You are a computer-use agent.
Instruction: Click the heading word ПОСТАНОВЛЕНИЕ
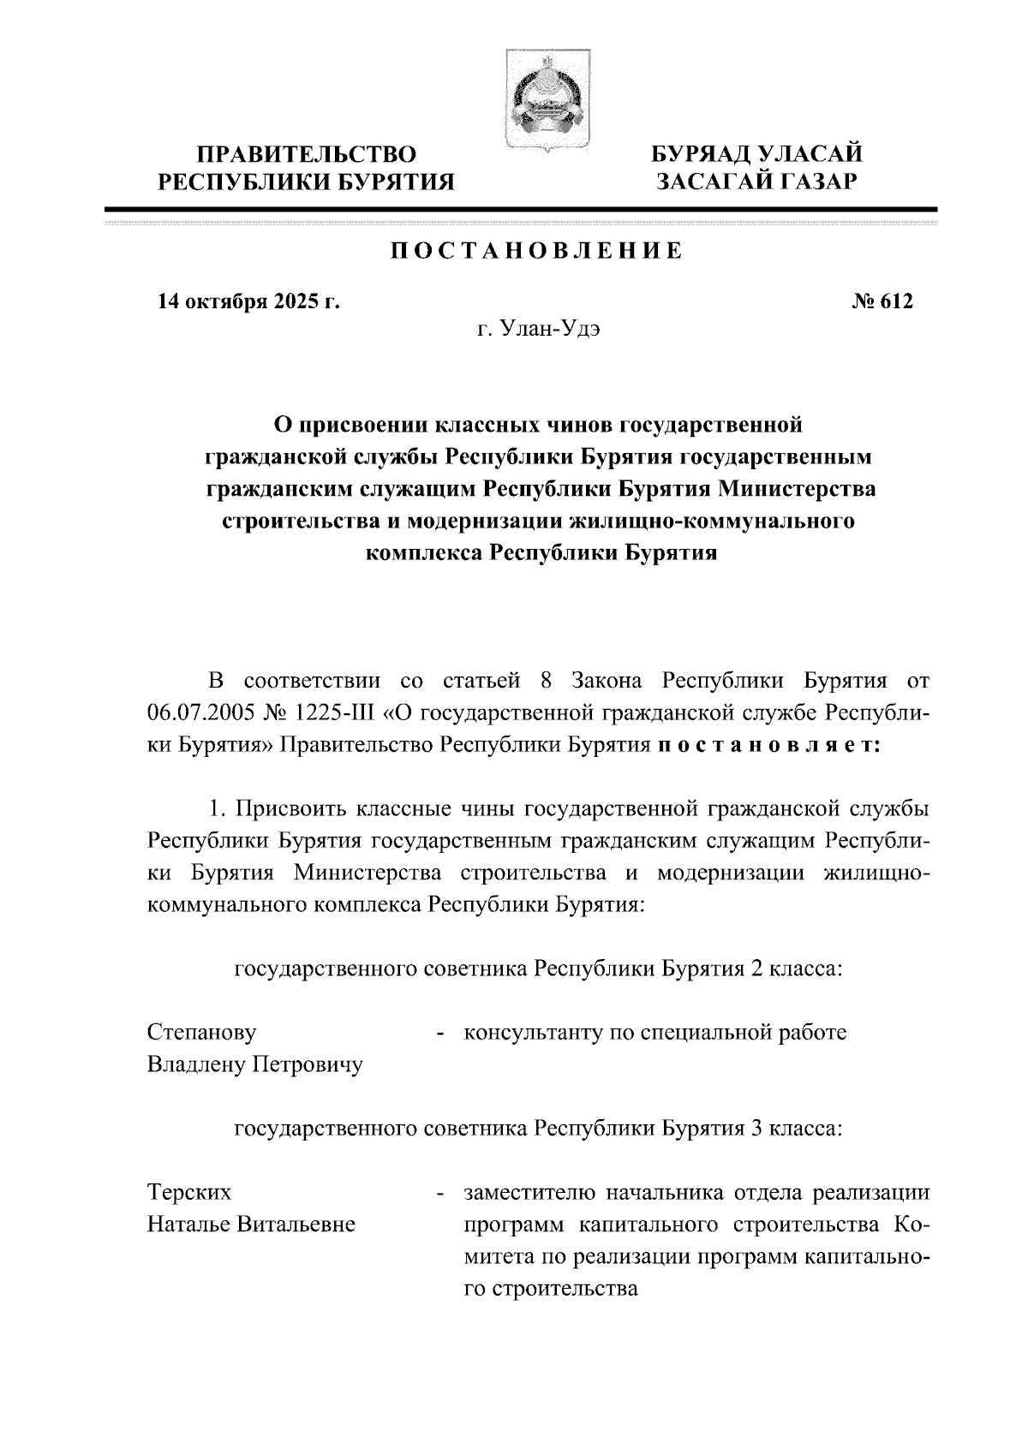point(537,251)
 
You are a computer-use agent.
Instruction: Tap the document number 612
point(894,301)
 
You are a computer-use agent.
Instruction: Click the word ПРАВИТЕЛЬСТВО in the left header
point(307,155)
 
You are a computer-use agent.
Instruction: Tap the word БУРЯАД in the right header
point(702,155)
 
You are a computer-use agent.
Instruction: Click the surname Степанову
point(201,1033)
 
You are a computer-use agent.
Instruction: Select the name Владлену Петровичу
point(255,1065)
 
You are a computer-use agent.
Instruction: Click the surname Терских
point(189,1193)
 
